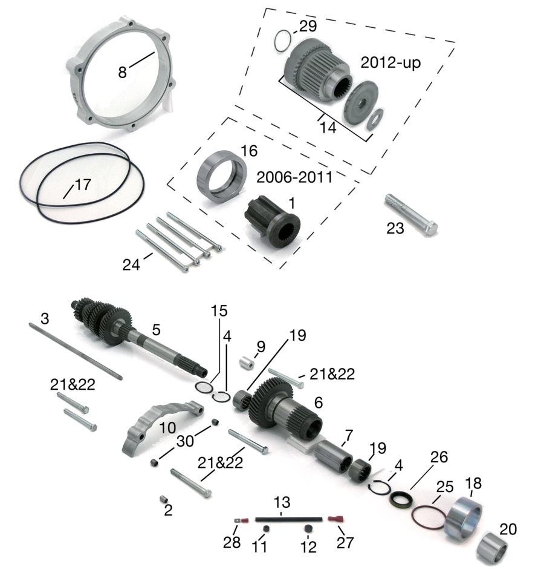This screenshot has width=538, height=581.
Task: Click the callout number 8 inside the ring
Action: tap(123, 72)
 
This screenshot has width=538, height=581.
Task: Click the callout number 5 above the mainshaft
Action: tap(156, 330)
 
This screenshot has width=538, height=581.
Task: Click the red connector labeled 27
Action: tap(335, 519)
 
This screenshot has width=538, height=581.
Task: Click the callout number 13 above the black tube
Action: tap(282, 502)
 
